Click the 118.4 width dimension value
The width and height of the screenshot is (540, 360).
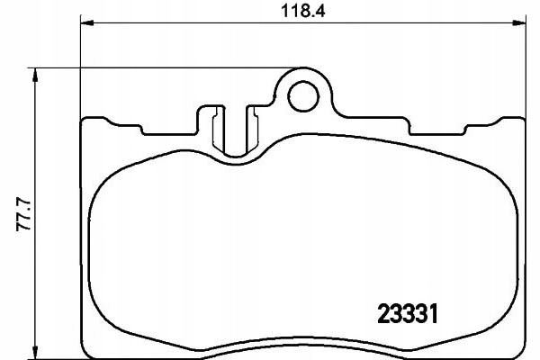[x=303, y=11]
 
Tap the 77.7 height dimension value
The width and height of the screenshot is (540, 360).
[x=24, y=214]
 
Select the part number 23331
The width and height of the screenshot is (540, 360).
[x=408, y=314]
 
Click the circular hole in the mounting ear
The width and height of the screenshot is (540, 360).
[x=303, y=96]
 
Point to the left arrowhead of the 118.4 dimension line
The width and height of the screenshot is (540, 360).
[x=87, y=22]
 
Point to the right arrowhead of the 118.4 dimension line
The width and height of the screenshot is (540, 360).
[x=519, y=22]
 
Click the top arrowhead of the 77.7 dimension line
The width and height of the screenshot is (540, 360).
[x=34, y=75]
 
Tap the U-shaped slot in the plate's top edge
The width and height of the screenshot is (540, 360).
[x=236, y=130]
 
